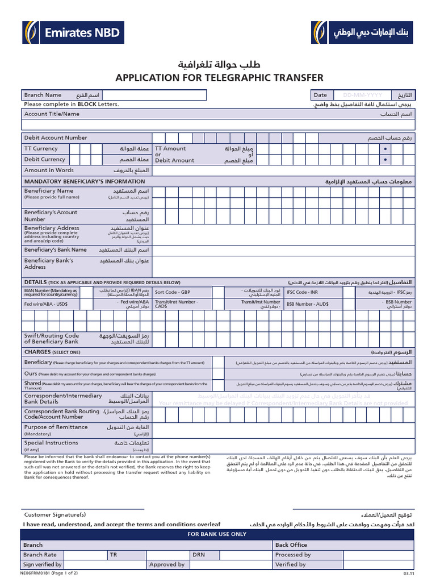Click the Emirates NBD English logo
[x=73, y=33]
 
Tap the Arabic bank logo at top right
[x=363, y=33]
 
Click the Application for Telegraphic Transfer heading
[x=219, y=78]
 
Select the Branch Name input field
[x=204, y=95]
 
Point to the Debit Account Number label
[x=56, y=138]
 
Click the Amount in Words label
[x=49, y=170]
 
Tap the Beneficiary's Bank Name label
[x=55, y=250]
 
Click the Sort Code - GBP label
[x=173, y=292]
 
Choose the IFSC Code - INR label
[x=302, y=292]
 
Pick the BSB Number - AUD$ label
[x=307, y=304]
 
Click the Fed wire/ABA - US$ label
[x=46, y=304]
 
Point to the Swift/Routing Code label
[x=52, y=339]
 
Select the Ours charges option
[x=31, y=373]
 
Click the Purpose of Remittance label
[x=56, y=427]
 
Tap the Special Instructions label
[x=51, y=443]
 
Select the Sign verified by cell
[x=43, y=564]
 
